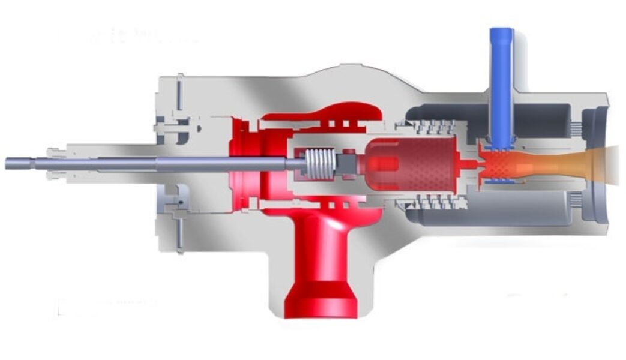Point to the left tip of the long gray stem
click(x=9, y=163)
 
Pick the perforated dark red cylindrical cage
click(x=414, y=163)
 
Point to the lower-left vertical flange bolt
click(x=179, y=234)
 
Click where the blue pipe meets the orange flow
click(x=500, y=147)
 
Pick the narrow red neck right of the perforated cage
click(x=468, y=163)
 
